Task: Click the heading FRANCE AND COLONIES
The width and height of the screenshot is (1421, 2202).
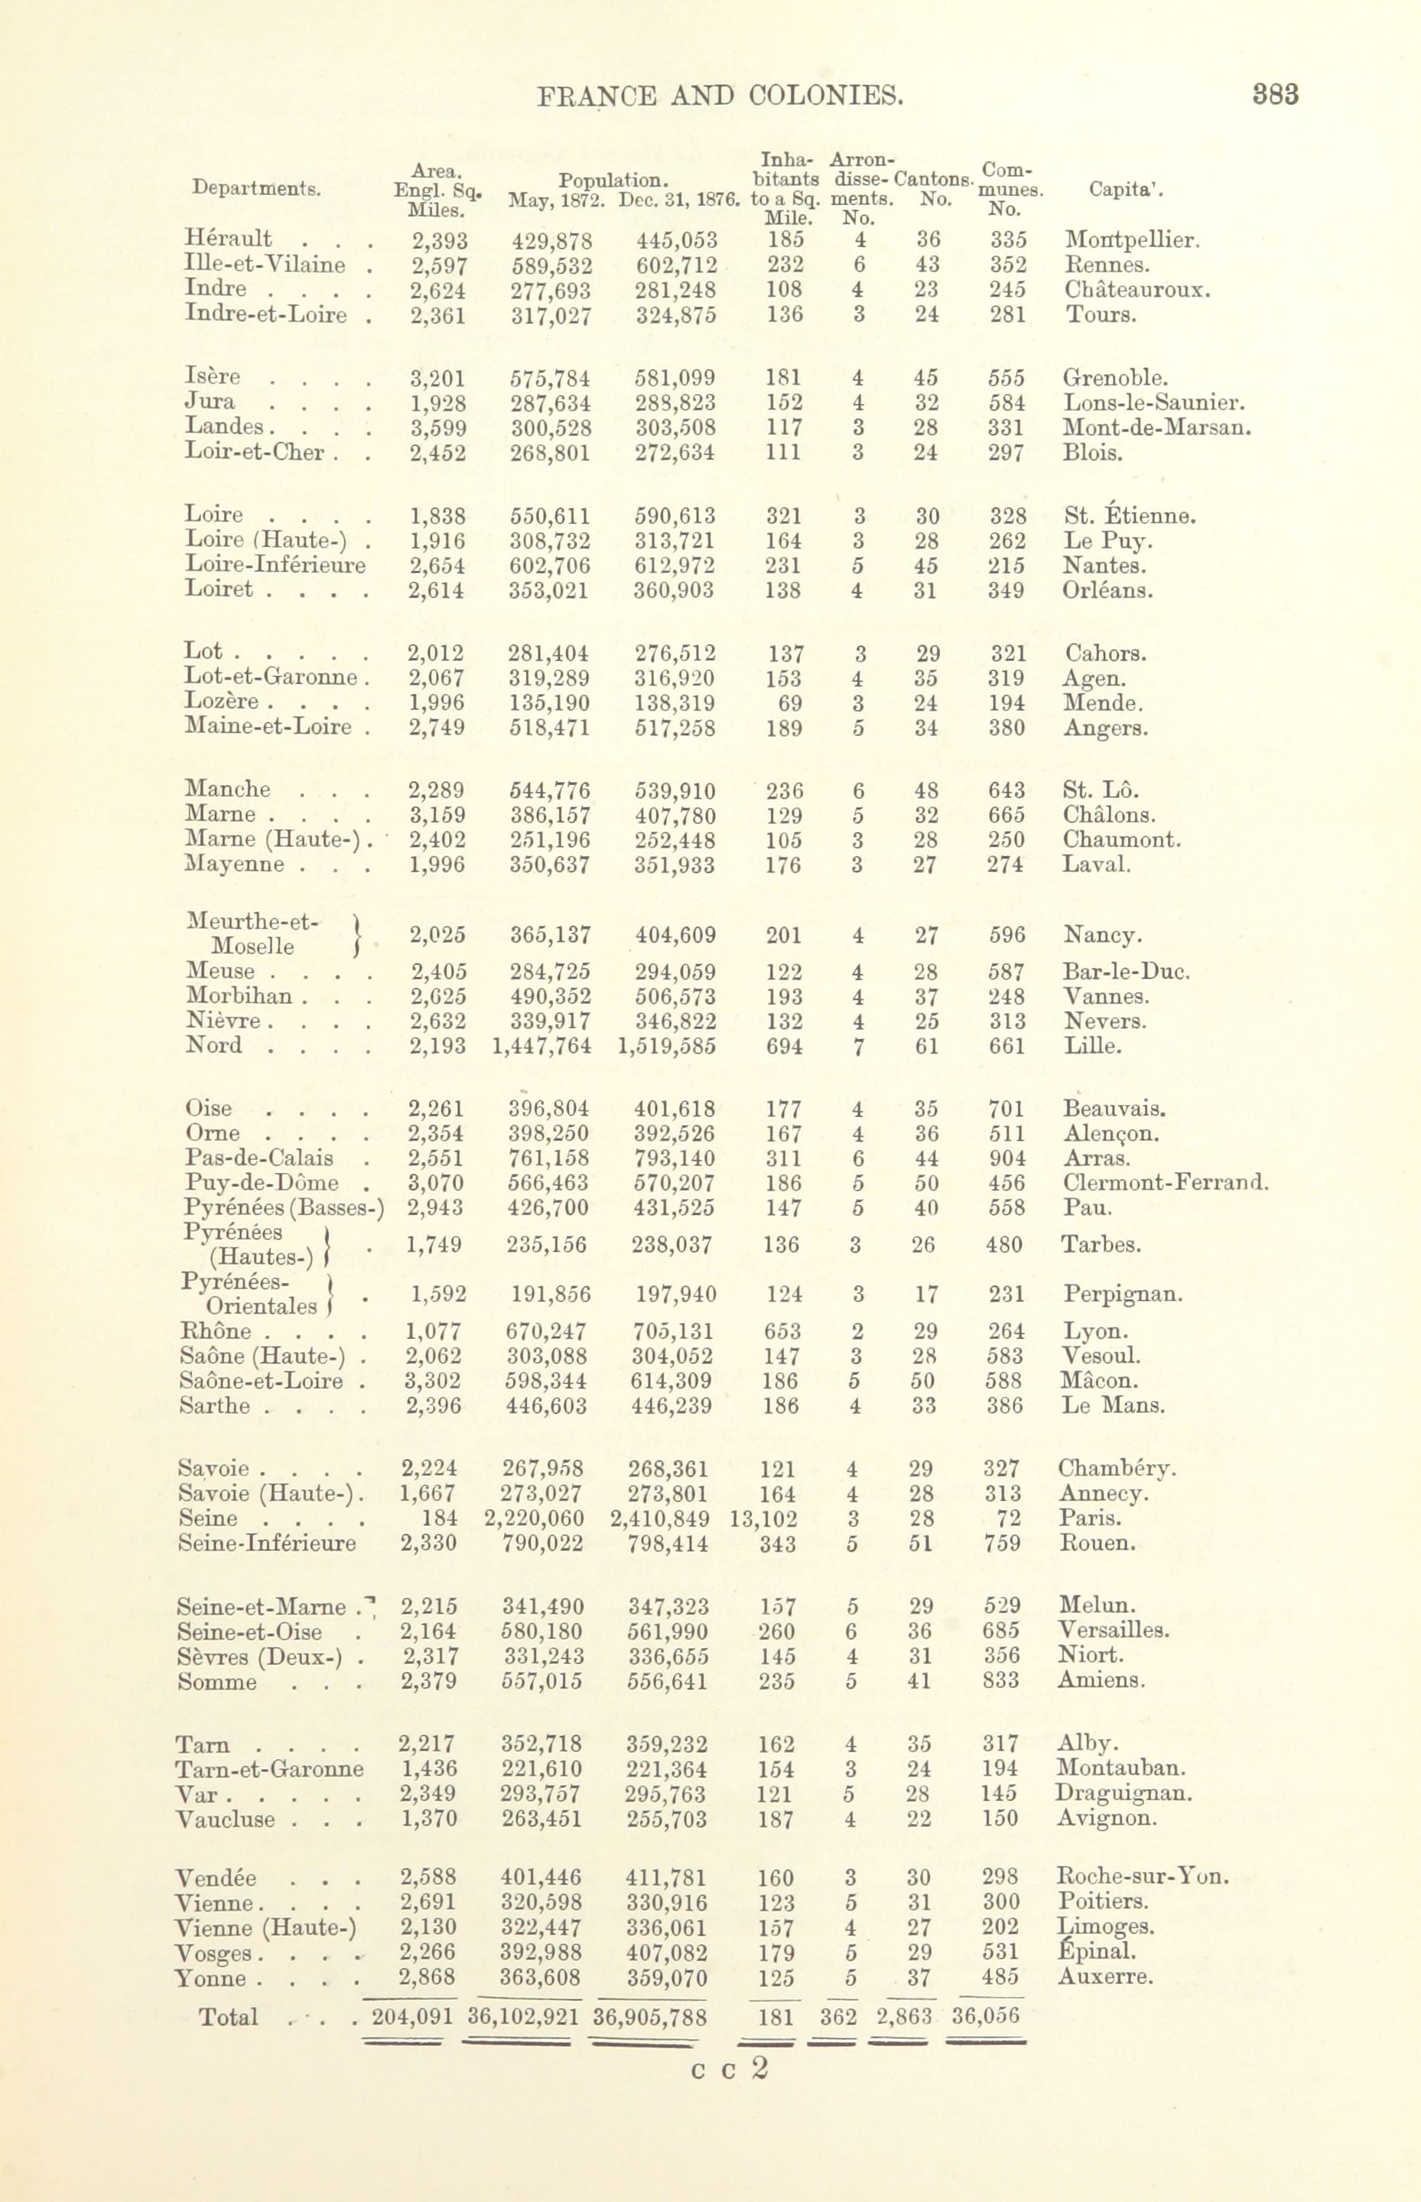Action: click(719, 96)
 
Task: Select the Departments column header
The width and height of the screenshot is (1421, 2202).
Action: click(256, 188)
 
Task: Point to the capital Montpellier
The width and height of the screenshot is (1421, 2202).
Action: click(1132, 241)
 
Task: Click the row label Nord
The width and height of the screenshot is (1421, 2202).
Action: click(214, 1046)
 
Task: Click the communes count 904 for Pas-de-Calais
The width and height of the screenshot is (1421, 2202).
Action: click(1006, 1158)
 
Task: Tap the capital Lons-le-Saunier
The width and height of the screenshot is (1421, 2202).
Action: click(1154, 402)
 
